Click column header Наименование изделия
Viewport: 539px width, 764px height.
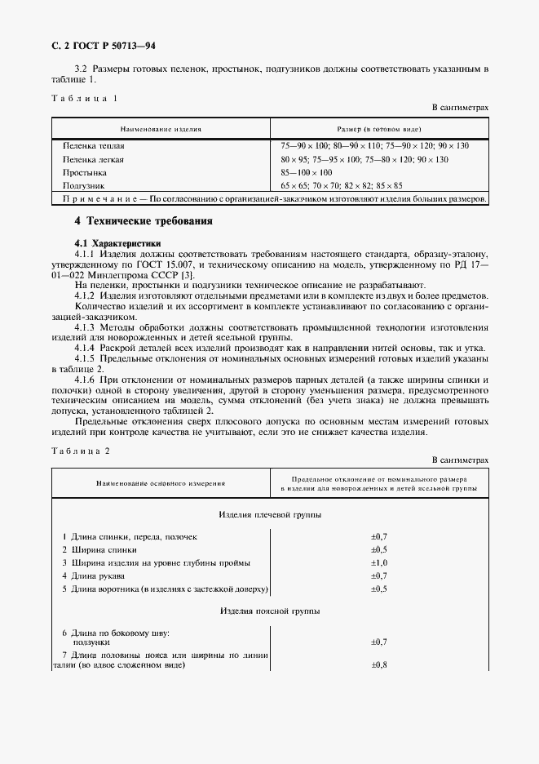pos(161,129)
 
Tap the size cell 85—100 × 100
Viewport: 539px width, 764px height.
pos(307,173)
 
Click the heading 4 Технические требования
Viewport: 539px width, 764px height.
pos(144,221)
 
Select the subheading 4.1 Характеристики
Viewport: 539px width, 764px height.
pos(117,243)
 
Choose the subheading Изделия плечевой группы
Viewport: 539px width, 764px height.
pos(270,516)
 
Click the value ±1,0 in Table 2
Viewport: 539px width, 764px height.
pos(378,563)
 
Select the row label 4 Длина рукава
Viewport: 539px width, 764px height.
pos(96,576)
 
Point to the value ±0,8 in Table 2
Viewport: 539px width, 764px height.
pos(378,665)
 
